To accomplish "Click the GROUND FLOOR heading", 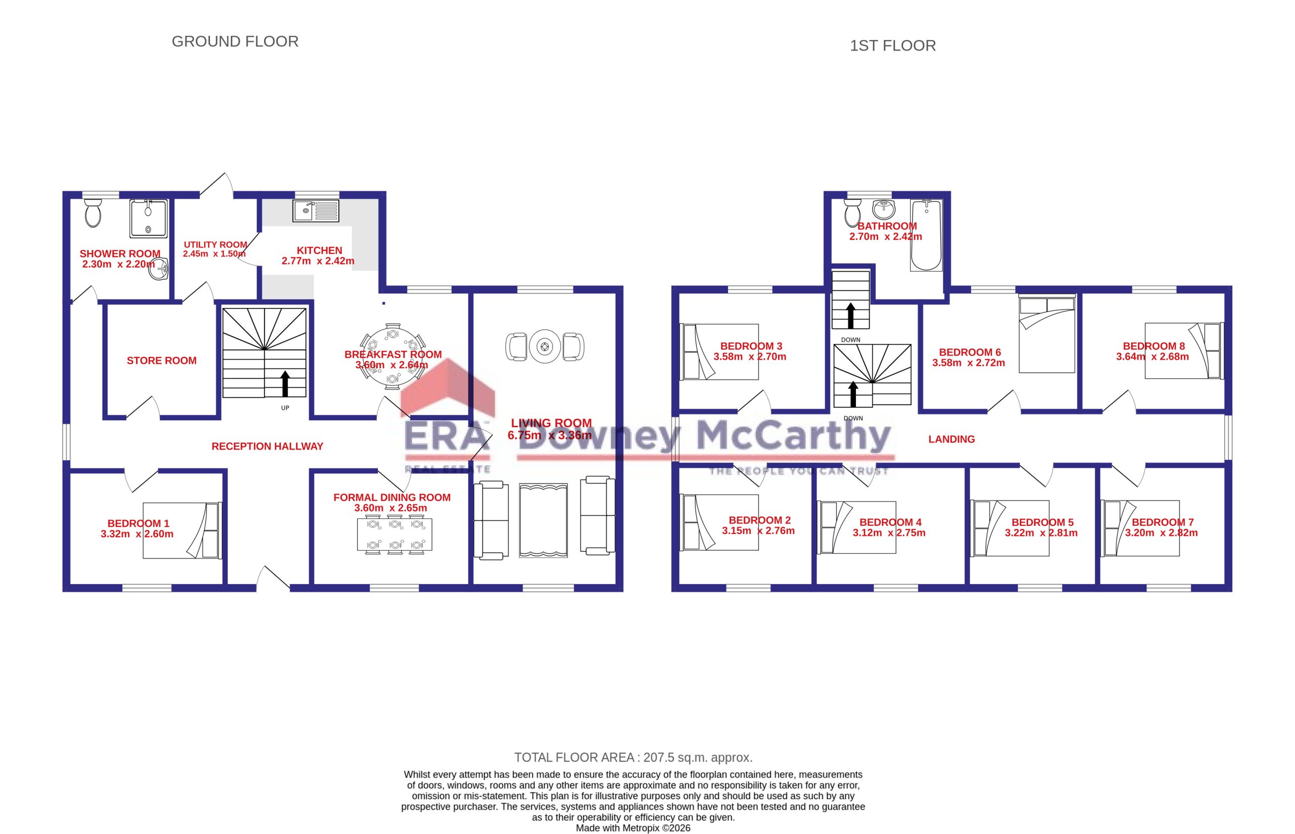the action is (x=235, y=41).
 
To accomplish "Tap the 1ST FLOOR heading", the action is (x=892, y=46).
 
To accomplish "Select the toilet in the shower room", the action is (x=93, y=213).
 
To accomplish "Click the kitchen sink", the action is (x=316, y=211).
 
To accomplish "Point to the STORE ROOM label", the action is (x=161, y=361).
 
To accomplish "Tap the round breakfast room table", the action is (x=393, y=357).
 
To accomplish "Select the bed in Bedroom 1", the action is (x=183, y=531).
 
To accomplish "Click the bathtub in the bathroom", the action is (x=926, y=235).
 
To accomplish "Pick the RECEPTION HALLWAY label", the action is (x=267, y=446).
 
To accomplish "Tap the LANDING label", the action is (x=952, y=439).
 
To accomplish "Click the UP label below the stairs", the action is (x=285, y=408).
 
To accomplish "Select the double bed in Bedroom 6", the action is (x=1047, y=334).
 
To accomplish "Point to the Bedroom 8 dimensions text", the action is (x=1152, y=357).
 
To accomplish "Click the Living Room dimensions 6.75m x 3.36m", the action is (x=550, y=435).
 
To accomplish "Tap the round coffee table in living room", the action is (x=545, y=346).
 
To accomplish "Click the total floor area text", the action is (x=633, y=757).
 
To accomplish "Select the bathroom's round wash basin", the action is (x=884, y=208).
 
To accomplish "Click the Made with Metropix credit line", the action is (x=633, y=828).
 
